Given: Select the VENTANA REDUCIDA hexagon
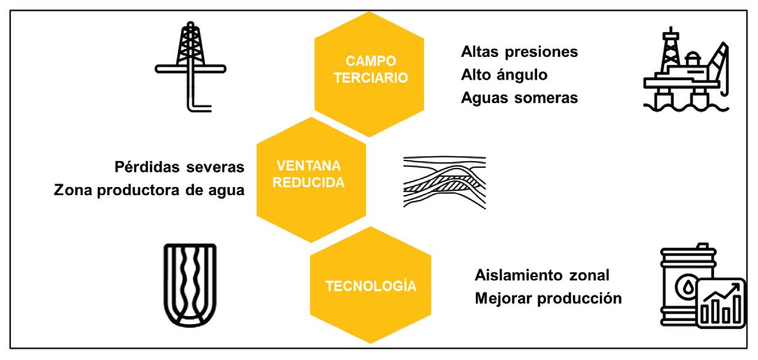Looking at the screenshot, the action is click(310, 175).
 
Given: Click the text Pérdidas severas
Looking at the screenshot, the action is click(180, 167).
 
